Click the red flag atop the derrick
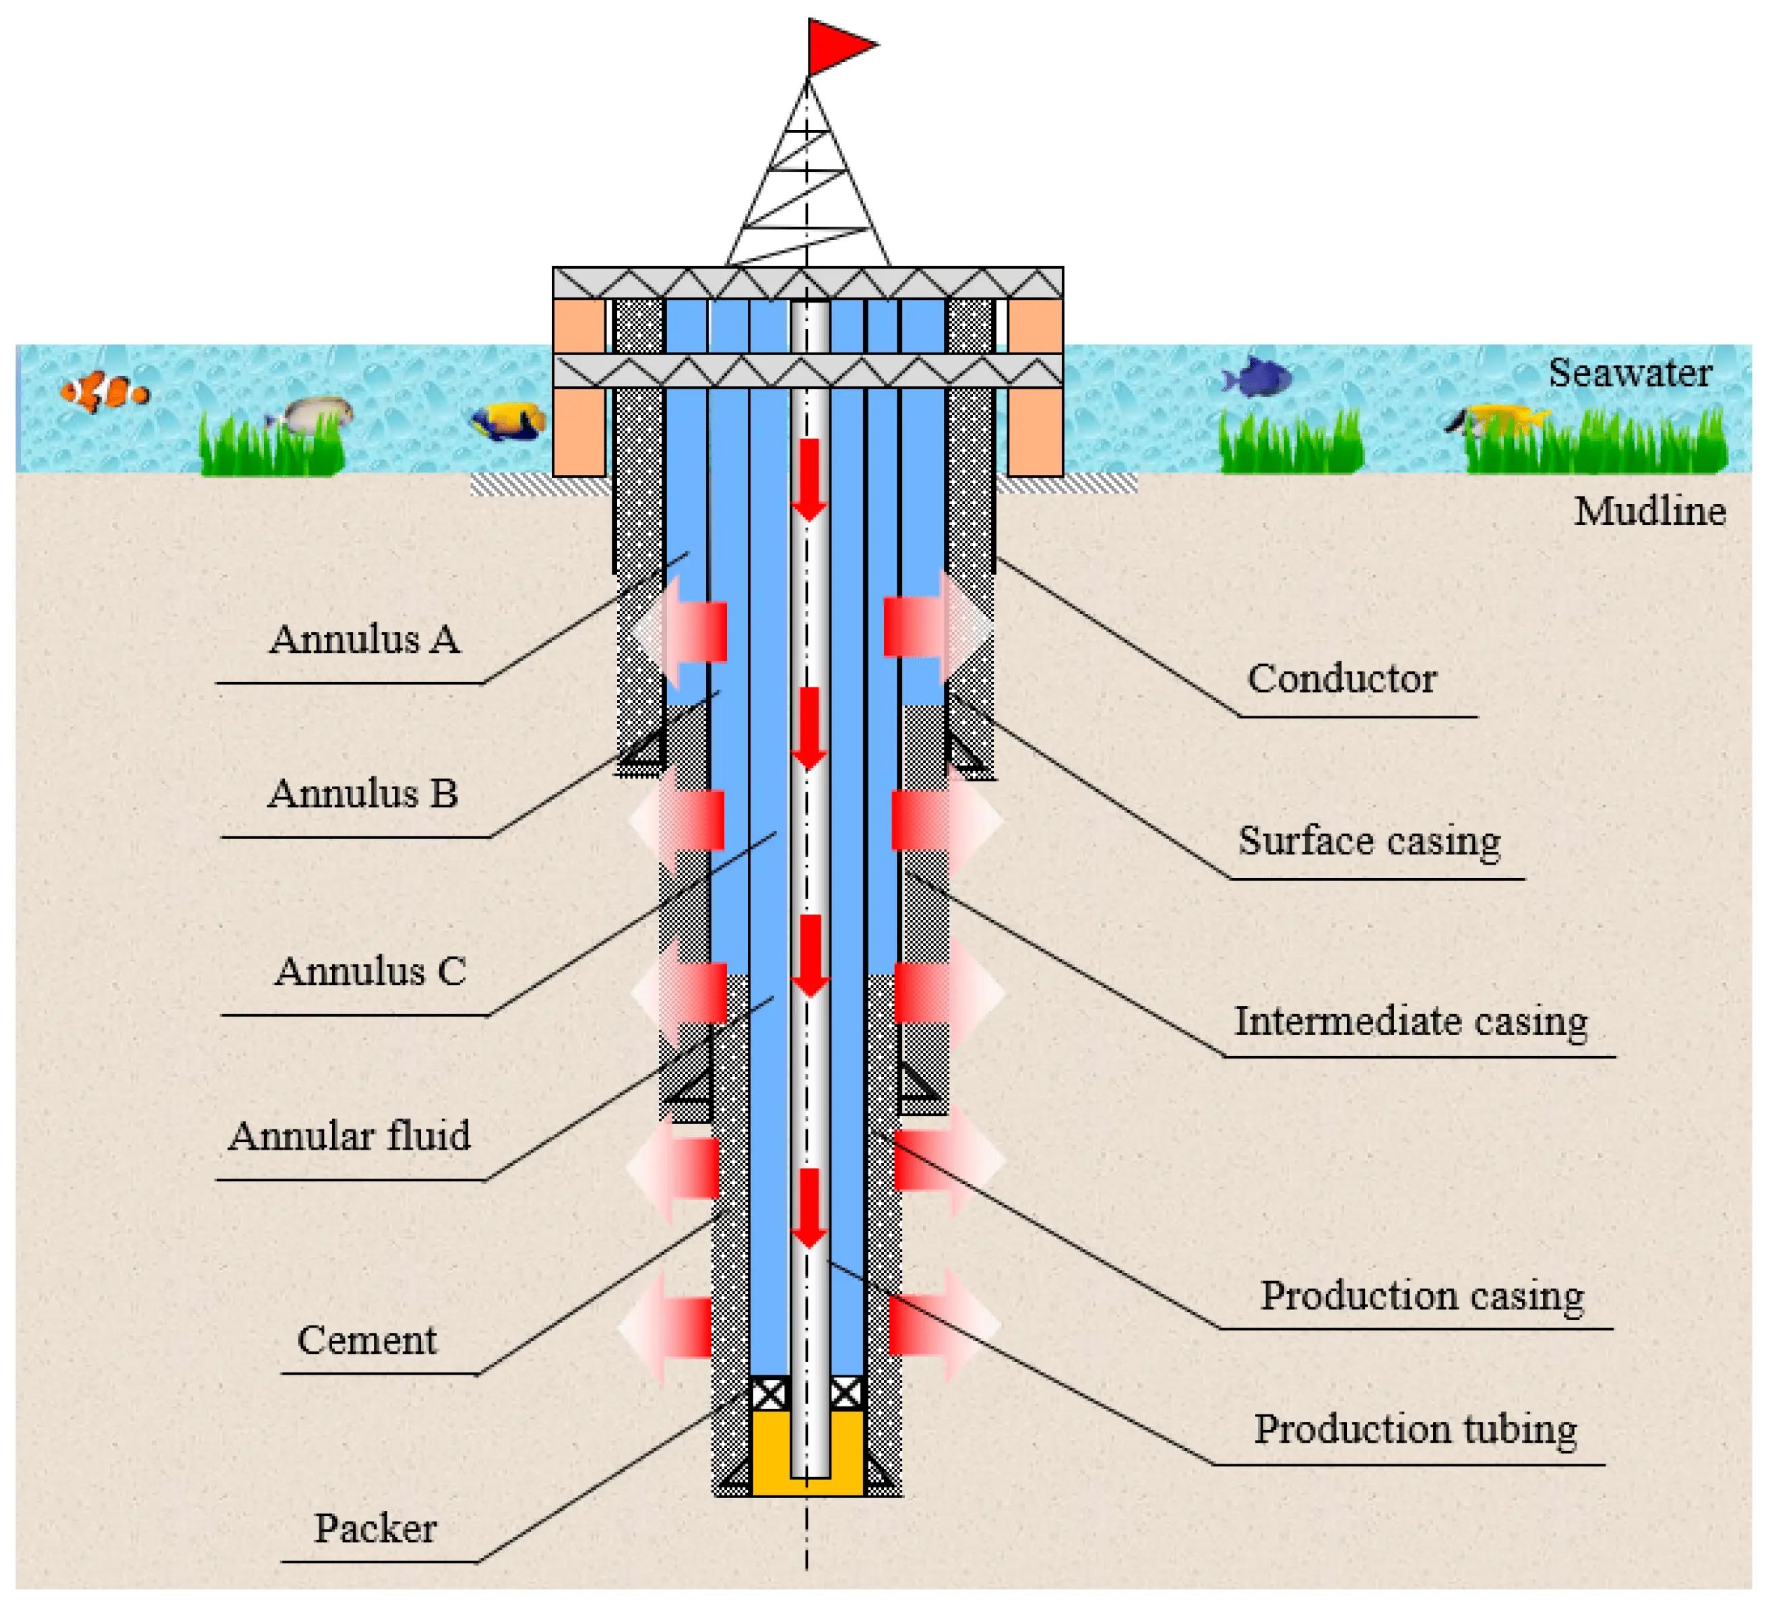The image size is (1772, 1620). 836,45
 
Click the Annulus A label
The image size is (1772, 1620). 365,639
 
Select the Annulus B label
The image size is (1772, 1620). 363,794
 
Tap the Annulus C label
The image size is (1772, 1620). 370,971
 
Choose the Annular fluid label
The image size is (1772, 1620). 349,1135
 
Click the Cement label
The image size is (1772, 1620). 367,1340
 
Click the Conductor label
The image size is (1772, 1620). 1341,679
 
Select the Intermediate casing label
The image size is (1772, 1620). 1411,1022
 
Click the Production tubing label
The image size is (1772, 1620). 1414,1429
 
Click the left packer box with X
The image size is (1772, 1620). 770,1393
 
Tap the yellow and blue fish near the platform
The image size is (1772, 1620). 509,421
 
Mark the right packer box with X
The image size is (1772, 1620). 846,1393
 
